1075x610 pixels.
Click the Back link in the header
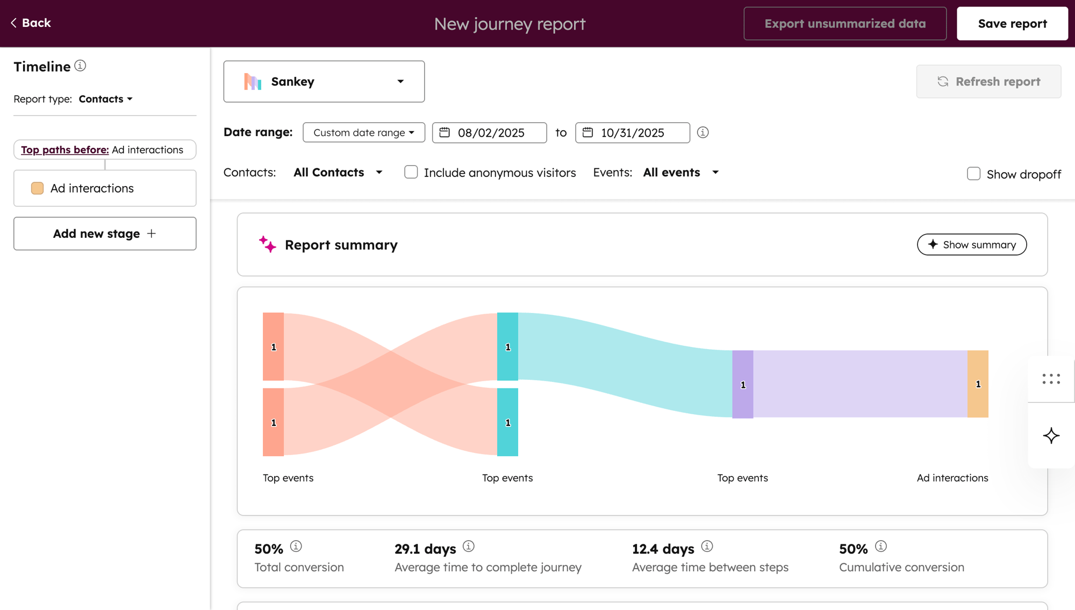pyautogui.click(x=31, y=23)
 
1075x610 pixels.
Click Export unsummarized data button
pyautogui.click(x=844, y=24)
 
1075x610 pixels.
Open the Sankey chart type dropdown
pyautogui.click(x=324, y=81)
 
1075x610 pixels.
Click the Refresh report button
pyautogui.click(x=988, y=81)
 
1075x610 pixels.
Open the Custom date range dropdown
pyautogui.click(x=363, y=132)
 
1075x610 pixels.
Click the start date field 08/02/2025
pyautogui.click(x=490, y=132)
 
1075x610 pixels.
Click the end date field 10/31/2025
pyautogui.click(x=633, y=132)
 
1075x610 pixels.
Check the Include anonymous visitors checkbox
pyautogui.click(x=411, y=172)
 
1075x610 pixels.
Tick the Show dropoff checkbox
pyautogui.click(x=973, y=174)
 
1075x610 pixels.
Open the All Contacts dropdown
pyautogui.click(x=338, y=172)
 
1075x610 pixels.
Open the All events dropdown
pyautogui.click(x=680, y=172)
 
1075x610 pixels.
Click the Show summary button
pyautogui.click(x=971, y=245)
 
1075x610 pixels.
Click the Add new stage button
pyautogui.click(x=105, y=233)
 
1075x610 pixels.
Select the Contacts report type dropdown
pyautogui.click(x=105, y=99)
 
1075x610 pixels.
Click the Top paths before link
pyautogui.click(x=64, y=150)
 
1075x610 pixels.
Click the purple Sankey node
pyautogui.click(x=742, y=384)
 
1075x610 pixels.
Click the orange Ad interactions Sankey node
pyautogui.click(x=978, y=384)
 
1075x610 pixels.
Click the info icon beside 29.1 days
pyautogui.click(x=468, y=547)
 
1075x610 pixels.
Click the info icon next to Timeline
pyautogui.click(x=80, y=66)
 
